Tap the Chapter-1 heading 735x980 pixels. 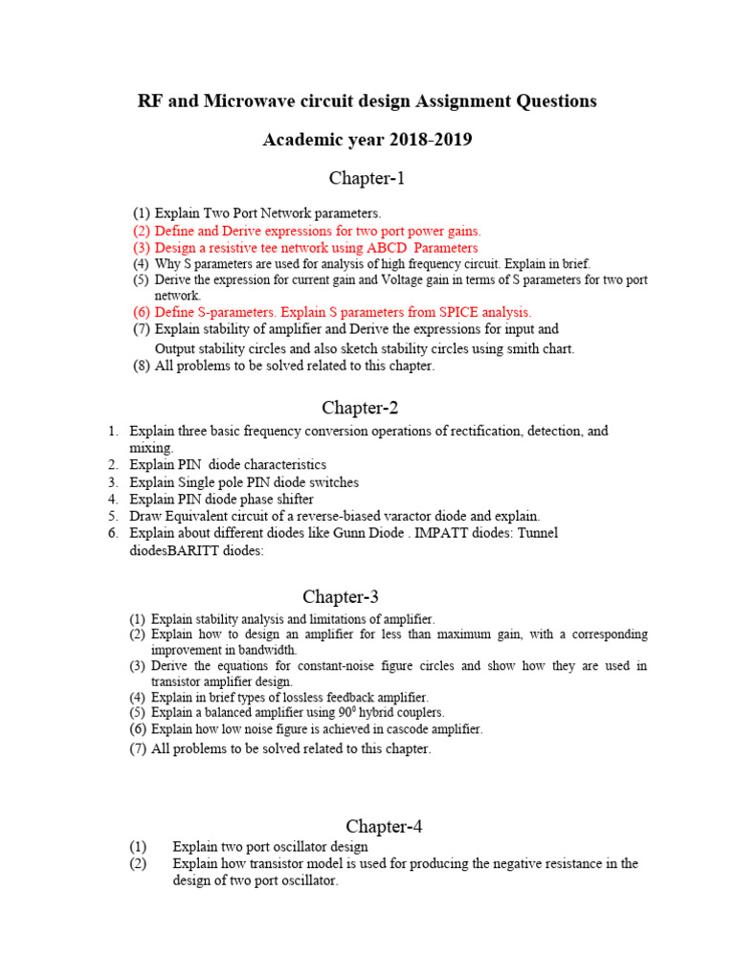[x=367, y=178]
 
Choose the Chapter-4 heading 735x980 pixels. [x=384, y=826]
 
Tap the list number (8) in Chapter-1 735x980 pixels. [x=142, y=367]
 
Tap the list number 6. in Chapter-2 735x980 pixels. [x=112, y=533]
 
